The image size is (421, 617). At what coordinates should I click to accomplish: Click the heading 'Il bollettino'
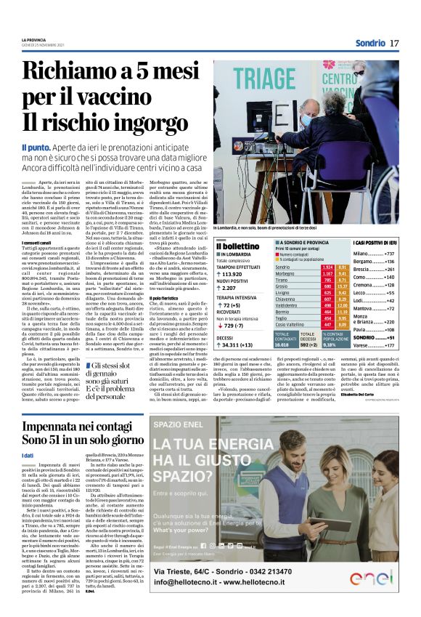[x=238, y=247]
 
